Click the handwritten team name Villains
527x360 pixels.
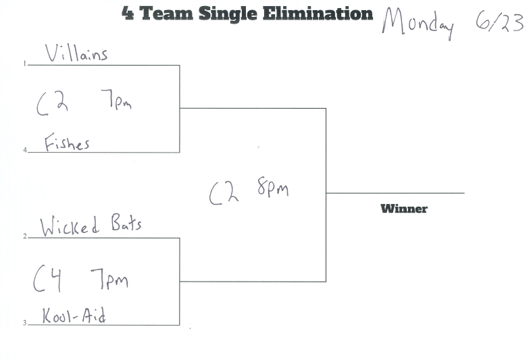76,53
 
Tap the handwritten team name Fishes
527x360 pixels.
67,143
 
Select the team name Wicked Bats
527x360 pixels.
91,226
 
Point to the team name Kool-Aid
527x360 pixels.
74,316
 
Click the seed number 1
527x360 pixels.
24,64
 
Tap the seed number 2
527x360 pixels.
24,236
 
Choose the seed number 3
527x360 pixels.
24,324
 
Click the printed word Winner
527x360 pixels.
404,209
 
